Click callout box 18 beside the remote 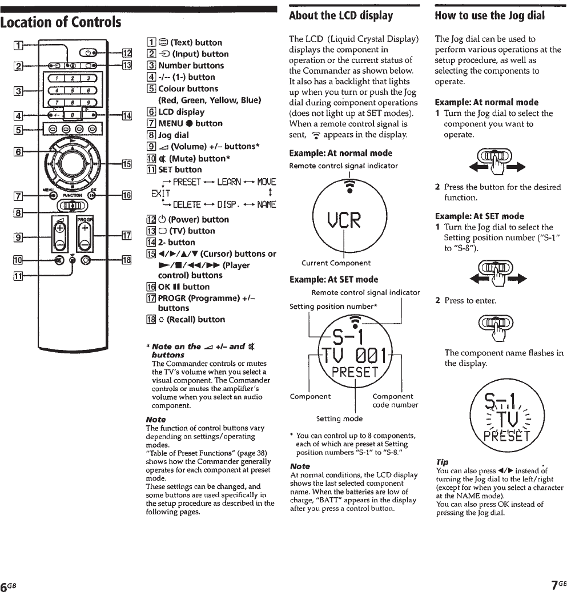coord(127,260)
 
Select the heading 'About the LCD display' coord(341,15)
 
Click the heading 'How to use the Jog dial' coord(489,15)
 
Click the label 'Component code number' coord(395,400)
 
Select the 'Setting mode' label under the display coord(336,418)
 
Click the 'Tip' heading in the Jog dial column coord(441,461)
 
